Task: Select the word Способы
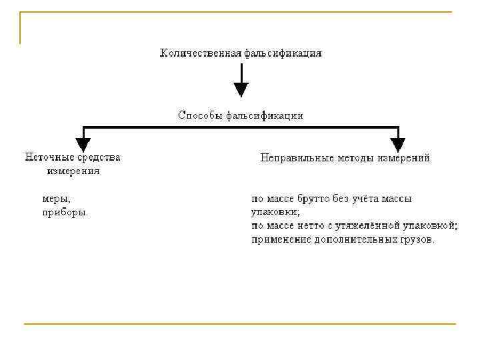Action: point(199,115)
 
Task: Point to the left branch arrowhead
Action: point(83,144)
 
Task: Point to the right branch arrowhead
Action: point(398,144)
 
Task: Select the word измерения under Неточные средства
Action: point(73,171)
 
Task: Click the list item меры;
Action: point(56,199)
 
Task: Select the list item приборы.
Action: point(65,213)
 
